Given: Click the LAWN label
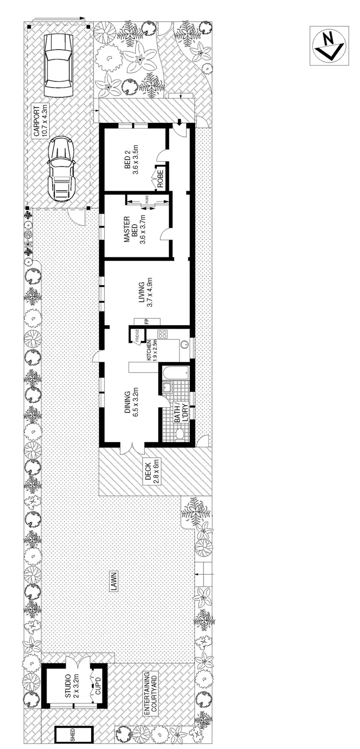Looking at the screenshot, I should coord(114,581).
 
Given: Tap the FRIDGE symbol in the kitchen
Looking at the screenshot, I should coord(136,334).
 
